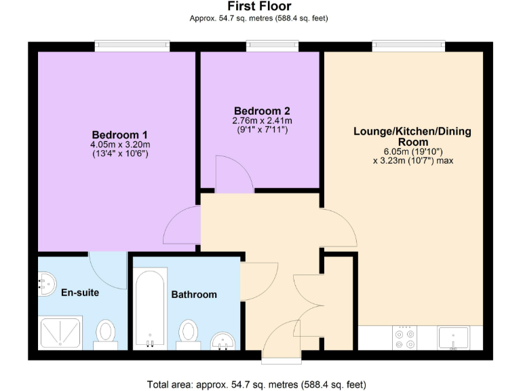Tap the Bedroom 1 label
click(120, 134)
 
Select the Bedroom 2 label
click(262, 111)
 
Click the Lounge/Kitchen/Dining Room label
click(412, 136)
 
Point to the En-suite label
click(80, 293)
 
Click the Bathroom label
click(194, 295)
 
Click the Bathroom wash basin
click(223, 339)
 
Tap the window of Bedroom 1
click(132, 46)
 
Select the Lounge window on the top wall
click(408, 46)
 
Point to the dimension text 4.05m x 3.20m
click(120, 144)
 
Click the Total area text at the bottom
click(256, 384)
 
